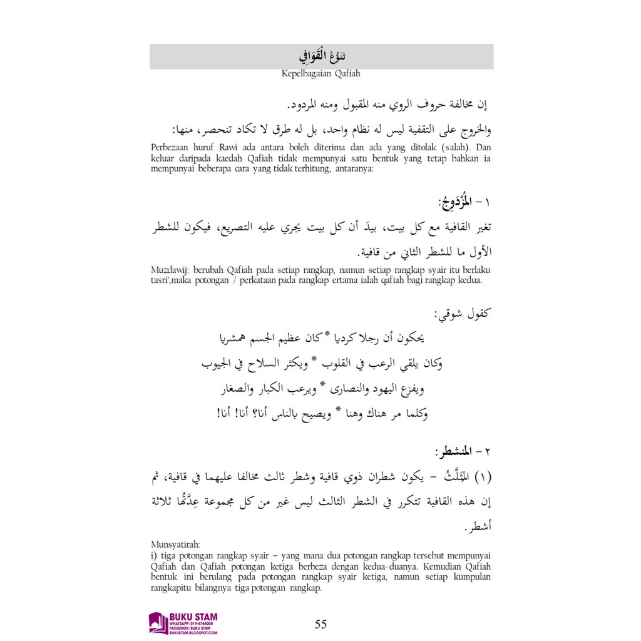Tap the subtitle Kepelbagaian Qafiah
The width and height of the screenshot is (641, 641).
(x=321, y=73)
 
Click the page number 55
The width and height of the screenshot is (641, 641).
(x=320, y=623)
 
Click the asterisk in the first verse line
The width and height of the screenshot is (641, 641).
(x=326, y=336)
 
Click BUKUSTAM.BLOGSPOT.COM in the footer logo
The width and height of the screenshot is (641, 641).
(x=193, y=633)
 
